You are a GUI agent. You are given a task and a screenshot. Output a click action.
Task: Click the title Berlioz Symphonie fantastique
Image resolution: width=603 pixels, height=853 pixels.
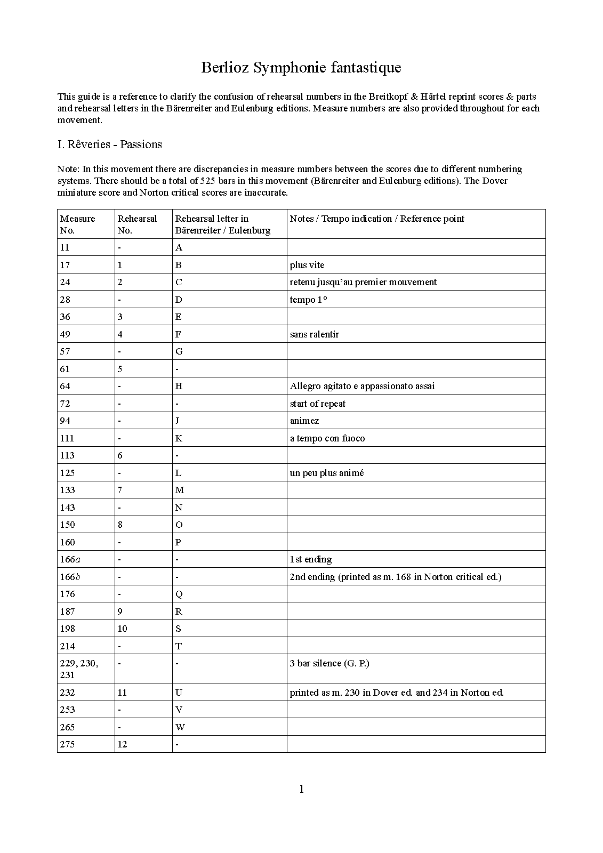click(x=301, y=68)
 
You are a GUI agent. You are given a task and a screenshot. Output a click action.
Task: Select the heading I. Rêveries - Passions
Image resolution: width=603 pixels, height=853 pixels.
click(x=109, y=144)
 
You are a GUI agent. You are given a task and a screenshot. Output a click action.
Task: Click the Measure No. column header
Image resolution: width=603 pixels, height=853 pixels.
click(x=78, y=224)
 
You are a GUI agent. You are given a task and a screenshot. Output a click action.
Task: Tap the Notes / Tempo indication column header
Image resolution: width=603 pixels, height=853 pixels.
click(x=377, y=219)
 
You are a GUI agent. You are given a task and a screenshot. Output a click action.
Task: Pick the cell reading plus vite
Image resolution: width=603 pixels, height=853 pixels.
click(x=307, y=265)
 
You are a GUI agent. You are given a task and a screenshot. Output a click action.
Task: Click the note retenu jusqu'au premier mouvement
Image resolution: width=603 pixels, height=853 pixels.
click(x=363, y=282)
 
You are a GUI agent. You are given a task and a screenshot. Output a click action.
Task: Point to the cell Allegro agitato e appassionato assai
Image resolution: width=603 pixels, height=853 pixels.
click(x=362, y=386)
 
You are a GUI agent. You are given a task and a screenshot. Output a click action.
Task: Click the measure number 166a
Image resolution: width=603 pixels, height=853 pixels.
click(x=70, y=559)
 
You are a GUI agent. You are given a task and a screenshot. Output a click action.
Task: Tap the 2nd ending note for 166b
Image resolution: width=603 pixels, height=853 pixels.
click(x=395, y=577)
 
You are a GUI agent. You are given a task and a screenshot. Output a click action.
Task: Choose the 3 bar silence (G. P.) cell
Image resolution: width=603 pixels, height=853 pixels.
click(x=329, y=663)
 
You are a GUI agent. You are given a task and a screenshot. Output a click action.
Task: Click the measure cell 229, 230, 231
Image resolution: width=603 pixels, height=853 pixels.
click(x=79, y=669)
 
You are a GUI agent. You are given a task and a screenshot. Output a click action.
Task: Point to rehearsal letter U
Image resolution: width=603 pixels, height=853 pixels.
click(x=179, y=693)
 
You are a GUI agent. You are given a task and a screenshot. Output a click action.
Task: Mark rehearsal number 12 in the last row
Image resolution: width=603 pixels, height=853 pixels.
click(x=123, y=744)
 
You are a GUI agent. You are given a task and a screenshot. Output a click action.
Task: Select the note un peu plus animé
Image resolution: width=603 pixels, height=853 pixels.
click(x=327, y=473)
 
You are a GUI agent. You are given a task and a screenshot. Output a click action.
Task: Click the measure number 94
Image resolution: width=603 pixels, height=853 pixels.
click(x=65, y=421)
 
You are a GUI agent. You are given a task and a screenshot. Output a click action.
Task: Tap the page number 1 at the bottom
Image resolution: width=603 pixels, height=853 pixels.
click(x=302, y=789)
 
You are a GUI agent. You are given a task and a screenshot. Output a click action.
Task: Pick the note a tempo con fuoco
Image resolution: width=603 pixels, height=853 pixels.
click(x=327, y=438)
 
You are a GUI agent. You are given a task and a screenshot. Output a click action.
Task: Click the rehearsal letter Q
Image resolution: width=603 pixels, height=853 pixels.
click(x=179, y=594)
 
